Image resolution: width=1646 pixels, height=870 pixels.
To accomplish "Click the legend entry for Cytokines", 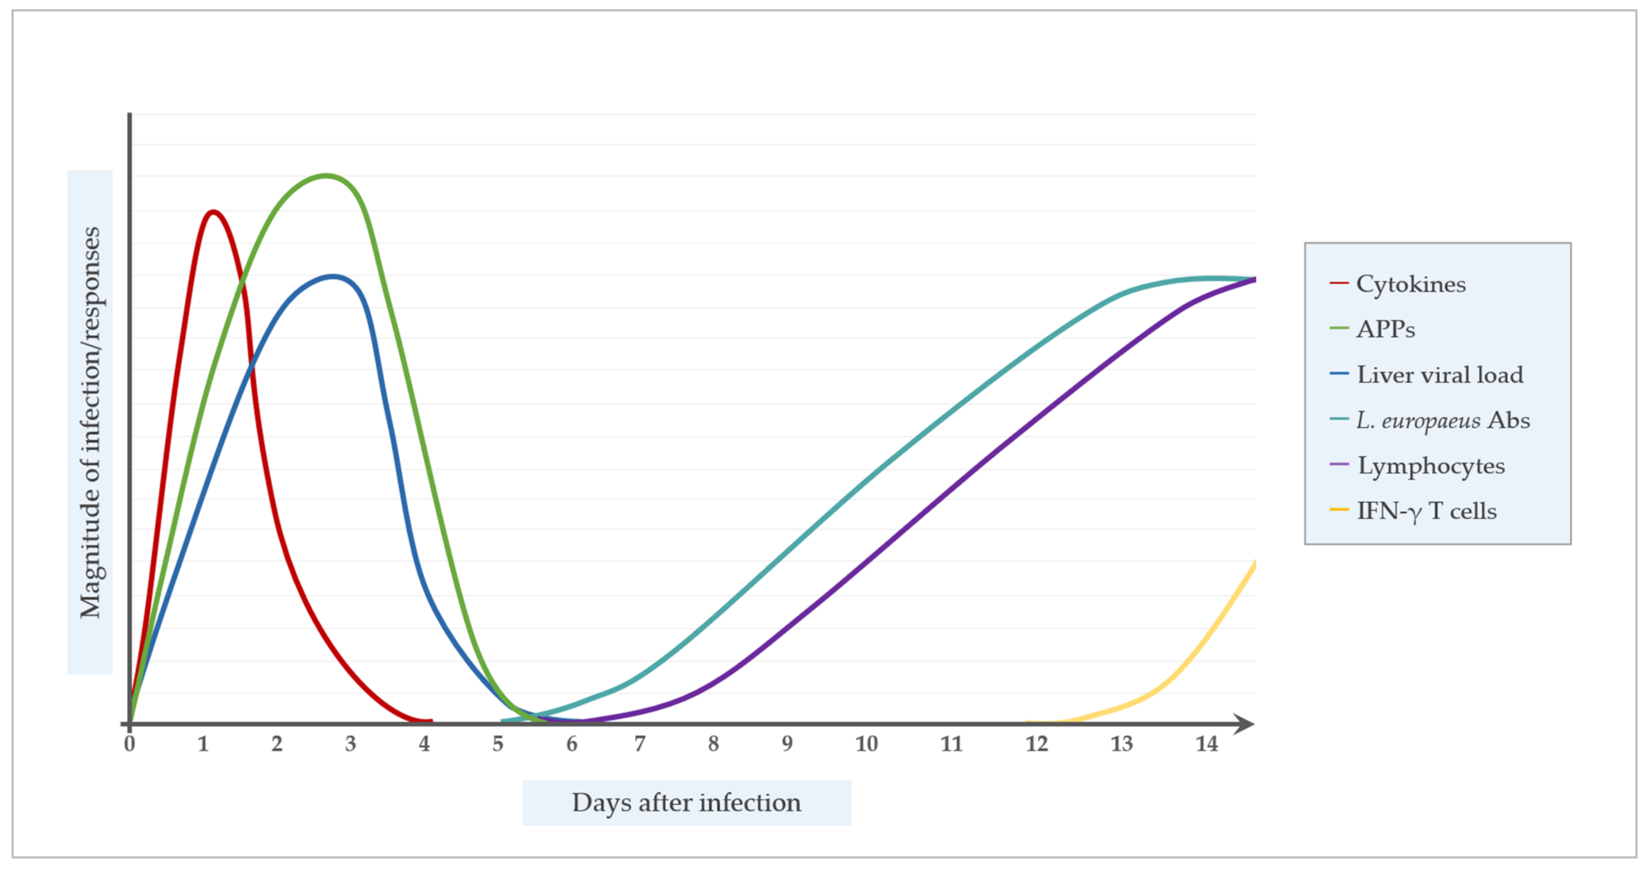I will [x=1410, y=284].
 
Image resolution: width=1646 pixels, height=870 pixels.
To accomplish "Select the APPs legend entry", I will [x=1385, y=329].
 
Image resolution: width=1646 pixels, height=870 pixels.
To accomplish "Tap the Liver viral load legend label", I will [x=1440, y=375].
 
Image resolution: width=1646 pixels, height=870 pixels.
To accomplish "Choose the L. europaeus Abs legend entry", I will [x=1443, y=420].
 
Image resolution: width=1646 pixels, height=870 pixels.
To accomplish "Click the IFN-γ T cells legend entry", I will [x=1426, y=511].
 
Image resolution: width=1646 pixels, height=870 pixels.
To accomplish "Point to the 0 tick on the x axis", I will [x=130, y=743].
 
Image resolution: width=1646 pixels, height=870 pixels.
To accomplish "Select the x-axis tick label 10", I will [x=866, y=743].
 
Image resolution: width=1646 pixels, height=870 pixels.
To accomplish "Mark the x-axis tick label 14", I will [x=1206, y=743].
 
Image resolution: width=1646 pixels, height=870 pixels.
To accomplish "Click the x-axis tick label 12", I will [x=1037, y=743].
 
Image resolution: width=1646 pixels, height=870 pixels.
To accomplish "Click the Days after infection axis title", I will [x=686, y=802].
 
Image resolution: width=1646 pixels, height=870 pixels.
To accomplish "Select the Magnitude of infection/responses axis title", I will [x=90, y=422].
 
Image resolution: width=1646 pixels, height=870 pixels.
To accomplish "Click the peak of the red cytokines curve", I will [x=213, y=212].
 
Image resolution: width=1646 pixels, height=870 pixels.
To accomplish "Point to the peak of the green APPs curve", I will [x=326, y=175].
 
